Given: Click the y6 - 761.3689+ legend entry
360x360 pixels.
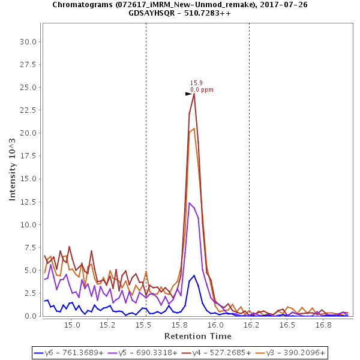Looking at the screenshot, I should (70, 353).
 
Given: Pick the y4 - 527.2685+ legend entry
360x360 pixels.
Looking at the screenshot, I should (219, 353).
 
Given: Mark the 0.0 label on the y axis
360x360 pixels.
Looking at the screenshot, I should (30, 316).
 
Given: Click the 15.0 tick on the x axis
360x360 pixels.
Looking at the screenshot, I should (72, 325).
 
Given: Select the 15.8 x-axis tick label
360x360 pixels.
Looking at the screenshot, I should (179, 325).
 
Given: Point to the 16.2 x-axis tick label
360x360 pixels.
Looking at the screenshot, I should (251, 325).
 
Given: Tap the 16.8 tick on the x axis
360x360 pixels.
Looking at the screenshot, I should (323, 325).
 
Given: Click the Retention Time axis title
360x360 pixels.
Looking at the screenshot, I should (198, 335).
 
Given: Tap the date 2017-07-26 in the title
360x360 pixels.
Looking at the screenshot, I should (270, 4).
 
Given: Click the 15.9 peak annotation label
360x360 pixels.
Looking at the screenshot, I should (196, 83).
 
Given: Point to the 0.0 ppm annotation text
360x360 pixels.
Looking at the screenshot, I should (202, 90).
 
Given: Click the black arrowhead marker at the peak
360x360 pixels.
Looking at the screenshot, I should (188, 94).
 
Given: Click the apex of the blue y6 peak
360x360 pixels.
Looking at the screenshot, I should (194, 275).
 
